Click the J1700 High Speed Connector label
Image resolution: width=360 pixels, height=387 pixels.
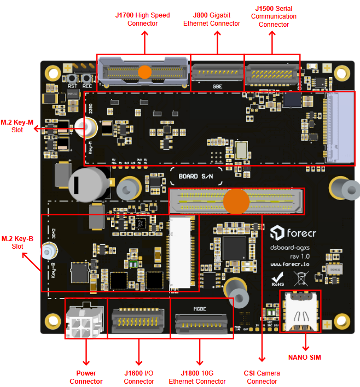pyautogui.click(x=142, y=19)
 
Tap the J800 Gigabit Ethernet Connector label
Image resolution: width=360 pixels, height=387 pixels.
pyautogui.click(x=212, y=19)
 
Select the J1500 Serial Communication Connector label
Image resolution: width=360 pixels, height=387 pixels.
pyautogui.click(x=274, y=16)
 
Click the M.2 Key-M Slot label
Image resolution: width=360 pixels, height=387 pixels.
pyautogui.click(x=17, y=126)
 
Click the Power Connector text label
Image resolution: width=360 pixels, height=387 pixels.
pyautogui.click(x=86, y=377)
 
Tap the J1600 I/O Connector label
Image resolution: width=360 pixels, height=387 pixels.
pyautogui.click(x=139, y=377)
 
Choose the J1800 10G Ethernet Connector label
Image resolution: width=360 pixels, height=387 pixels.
pyautogui.click(x=197, y=377)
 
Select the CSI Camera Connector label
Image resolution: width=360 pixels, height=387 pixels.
pyautogui.click(x=262, y=377)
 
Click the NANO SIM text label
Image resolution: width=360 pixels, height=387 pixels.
pyautogui.click(x=304, y=357)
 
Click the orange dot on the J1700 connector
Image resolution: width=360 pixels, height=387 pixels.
pyautogui.click(x=145, y=71)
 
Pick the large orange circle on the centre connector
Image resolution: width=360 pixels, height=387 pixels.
pyautogui.click(x=236, y=201)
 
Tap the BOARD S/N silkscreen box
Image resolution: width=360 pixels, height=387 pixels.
pyautogui.click(x=196, y=177)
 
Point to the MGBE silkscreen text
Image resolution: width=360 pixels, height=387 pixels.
pyautogui.click(x=199, y=309)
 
